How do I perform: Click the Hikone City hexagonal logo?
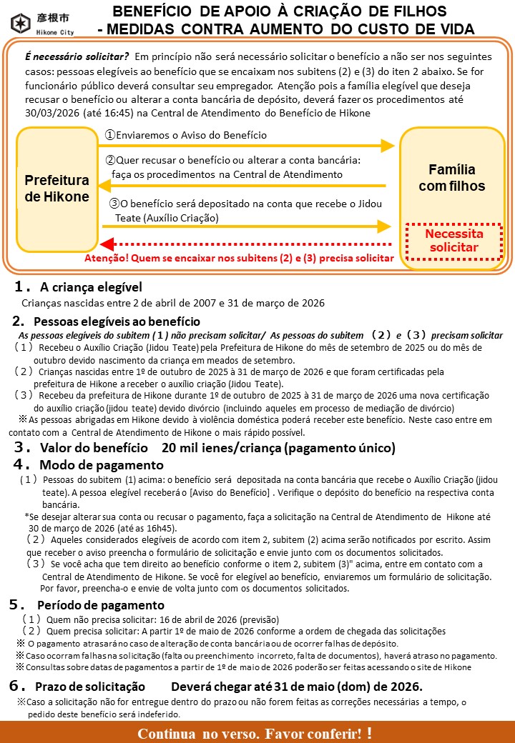(x=21, y=23)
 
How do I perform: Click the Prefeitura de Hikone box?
(x=57, y=188)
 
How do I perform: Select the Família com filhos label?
(x=451, y=178)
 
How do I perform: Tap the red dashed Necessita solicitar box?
(x=454, y=241)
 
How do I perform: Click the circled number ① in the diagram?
(x=110, y=135)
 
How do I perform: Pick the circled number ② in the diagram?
(x=110, y=161)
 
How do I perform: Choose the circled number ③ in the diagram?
(x=114, y=204)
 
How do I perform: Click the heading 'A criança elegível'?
(x=91, y=287)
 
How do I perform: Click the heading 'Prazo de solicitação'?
(x=93, y=686)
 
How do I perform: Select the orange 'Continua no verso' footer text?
(x=255, y=733)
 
